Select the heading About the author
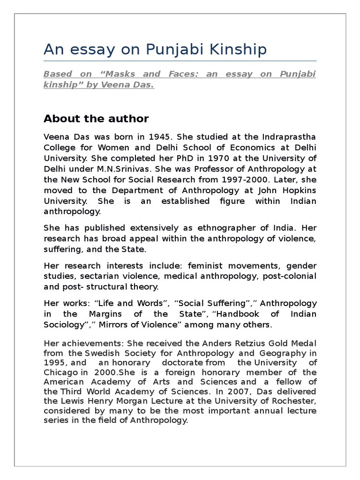[96, 119]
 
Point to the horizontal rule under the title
[180, 61]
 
